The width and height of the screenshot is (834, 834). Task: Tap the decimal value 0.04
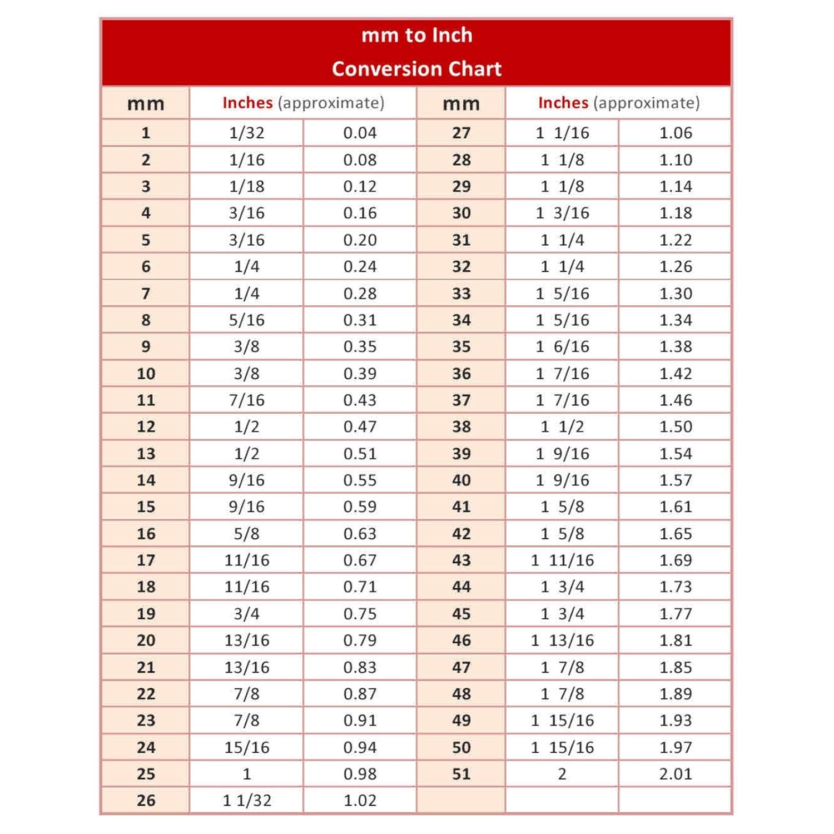(x=360, y=133)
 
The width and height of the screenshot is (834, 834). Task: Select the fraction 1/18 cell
(x=246, y=186)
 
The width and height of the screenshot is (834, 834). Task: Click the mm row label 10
(x=146, y=374)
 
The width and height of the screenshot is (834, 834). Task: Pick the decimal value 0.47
(x=360, y=426)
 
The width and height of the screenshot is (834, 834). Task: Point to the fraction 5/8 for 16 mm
(x=246, y=534)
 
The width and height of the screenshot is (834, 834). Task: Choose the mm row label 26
(x=146, y=801)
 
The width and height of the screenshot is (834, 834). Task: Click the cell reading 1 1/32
(x=246, y=801)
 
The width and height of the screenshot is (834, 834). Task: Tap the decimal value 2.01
(x=676, y=774)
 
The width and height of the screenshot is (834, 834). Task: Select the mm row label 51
(x=461, y=774)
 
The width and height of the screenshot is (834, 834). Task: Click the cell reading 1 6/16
(x=562, y=347)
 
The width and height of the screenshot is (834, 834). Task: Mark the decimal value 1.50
(x=676, y=426)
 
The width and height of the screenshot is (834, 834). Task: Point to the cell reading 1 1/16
(x=562, y=133)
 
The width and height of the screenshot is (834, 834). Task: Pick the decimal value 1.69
(x=676, y=560)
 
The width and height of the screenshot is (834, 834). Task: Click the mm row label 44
(x=461, y=587)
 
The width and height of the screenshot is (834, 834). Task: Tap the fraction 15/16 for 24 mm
(x=246, y=747)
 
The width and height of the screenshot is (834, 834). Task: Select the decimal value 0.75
(x=360, y=614)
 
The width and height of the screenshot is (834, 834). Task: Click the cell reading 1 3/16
(x=562, y=213)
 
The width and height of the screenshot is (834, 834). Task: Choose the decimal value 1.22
(x=676, y=240)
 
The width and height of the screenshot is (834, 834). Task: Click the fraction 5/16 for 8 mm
(x=246, y=320)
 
